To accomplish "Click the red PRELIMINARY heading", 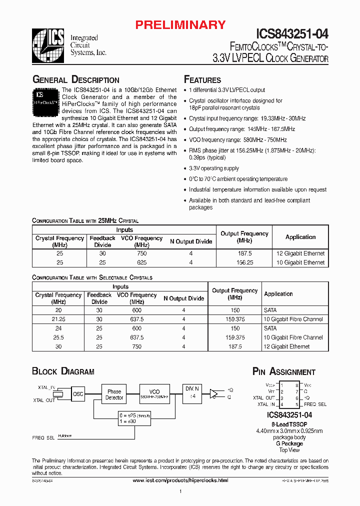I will coord(181,25).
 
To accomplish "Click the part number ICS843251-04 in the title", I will coord(292,33).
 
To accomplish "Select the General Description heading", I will coord(75,80).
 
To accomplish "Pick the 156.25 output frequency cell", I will coord(244,262).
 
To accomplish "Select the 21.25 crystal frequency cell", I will coord(58,319).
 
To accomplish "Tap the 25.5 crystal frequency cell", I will coord(58,337).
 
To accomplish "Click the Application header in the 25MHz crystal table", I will coord(300,237).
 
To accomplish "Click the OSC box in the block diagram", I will coord(78,393).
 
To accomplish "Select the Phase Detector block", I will coord(114,394).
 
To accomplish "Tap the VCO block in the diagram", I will coord(155,394).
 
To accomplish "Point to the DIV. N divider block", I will coord(191,392).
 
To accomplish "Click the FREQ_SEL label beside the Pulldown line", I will coord(43,437).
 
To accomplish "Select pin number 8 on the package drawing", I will coord(296,385).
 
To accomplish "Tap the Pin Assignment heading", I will coord(283,371).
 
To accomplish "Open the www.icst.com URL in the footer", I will coord(180,480).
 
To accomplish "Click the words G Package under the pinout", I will coord(289,443).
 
